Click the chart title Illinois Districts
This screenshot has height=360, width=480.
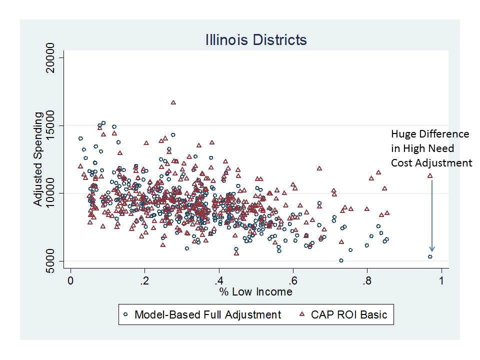pyautogui.click(x=255, y=40)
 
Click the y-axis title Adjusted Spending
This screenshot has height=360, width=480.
pyautogui.click(x=38, y=159)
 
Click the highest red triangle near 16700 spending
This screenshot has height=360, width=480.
pyautogui.click(x=173, y=102)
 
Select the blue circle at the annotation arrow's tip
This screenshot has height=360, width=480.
pyautogui.click(x=430, y=257)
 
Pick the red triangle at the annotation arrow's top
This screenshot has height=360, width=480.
pyautogui.click(x=430, y=176)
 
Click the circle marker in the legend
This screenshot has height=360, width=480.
pyautogui.click(x=126, y=315)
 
